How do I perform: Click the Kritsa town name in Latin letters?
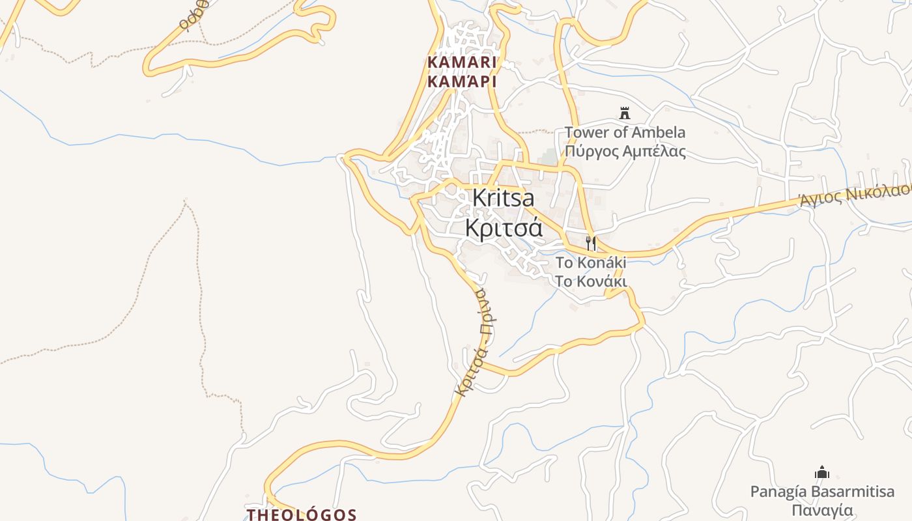point(502,197)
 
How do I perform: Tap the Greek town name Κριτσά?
point(503,228)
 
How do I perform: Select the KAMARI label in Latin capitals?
point(462,63)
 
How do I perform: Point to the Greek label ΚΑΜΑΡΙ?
point(462,82)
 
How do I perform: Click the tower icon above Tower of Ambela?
point(625,114)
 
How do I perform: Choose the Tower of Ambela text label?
point(625,133)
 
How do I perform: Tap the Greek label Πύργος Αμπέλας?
point(625,152)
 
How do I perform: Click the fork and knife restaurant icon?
point(591,244)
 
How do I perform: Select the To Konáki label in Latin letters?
point(590,262)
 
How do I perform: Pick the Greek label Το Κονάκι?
point(590,281)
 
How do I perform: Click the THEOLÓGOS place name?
point(301,514)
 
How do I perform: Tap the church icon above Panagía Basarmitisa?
point(822,472)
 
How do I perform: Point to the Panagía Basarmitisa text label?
point(822,491)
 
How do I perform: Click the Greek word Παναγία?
point(822,509)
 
